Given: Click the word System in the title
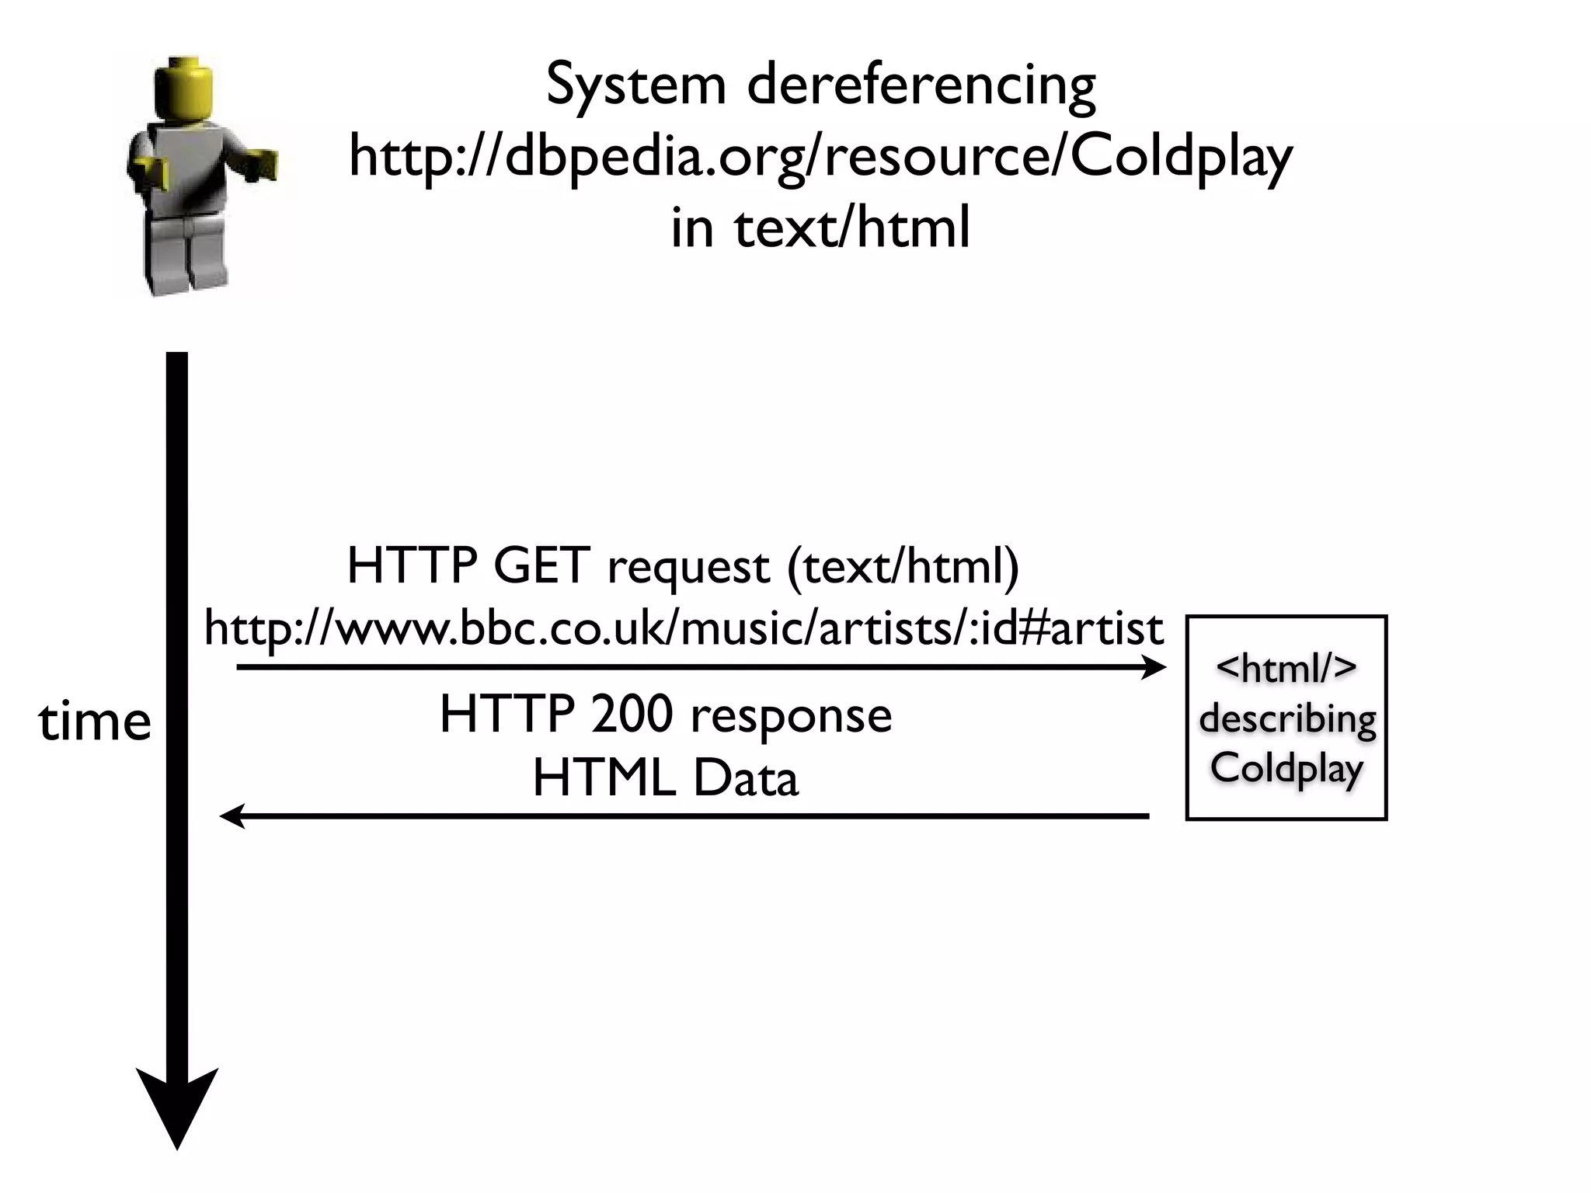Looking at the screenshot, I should click(635, 85).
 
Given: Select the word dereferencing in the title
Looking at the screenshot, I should click(921, 85).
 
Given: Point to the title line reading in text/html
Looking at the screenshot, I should click(820, 228).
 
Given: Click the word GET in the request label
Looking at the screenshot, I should click(541, 566).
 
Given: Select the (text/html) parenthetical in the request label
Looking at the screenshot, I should click(903, 566).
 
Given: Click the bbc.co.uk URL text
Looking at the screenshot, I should click(684, 629).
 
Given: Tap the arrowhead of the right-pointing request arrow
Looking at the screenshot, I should click(1154, 667).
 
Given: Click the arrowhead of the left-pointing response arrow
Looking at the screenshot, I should click(232, 816).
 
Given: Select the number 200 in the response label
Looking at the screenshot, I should click(631, 715).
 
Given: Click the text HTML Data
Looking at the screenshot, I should click(665, 779).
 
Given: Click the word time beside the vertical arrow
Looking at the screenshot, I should click(94, 722).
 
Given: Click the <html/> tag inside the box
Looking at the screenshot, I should click(1286, 669).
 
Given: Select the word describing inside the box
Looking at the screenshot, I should click(1286, 719).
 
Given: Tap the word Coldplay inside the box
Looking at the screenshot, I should click(1286, 769).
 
